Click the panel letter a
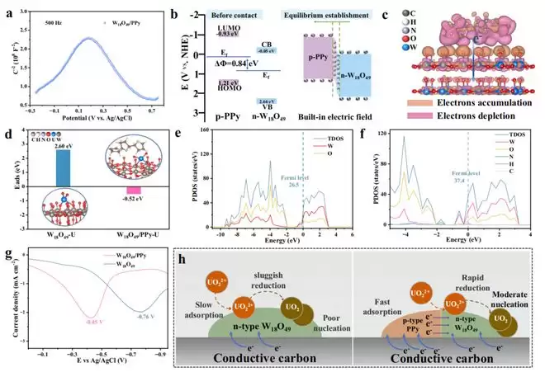(7, 11)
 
